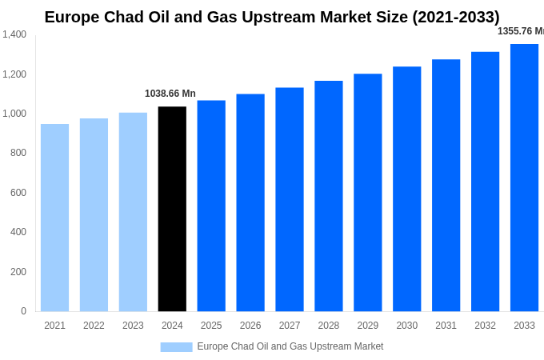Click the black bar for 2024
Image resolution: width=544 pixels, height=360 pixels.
tap(172, 209)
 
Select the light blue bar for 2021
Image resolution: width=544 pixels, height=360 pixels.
tap(54, 218)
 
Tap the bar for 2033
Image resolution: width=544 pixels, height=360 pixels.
tap(524, 178)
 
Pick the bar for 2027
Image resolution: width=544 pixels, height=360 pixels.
tap(290, 199)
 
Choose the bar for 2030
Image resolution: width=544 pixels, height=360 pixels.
tap(406, 189)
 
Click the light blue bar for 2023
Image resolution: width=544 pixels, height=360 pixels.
tap(133, 212)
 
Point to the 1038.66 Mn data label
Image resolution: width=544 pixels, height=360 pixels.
tap(170, 94)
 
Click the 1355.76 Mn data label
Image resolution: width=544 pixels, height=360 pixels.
tap(520, 31)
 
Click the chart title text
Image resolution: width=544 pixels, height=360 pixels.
tap(272, 17)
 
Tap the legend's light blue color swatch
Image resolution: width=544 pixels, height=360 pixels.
tap(176, 347)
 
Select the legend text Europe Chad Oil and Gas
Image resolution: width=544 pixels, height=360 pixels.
tap(290, 346)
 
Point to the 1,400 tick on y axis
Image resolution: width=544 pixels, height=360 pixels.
tap(14, 34)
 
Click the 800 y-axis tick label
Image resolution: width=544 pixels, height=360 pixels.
tap(18, 153)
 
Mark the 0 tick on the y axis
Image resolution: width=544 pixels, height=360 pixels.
tap(23, 311)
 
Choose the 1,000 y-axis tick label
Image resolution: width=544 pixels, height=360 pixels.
tap(14, 114)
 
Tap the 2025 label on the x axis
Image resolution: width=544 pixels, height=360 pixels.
tap(211, 326)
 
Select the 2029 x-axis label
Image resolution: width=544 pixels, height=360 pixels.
tap(367, 326)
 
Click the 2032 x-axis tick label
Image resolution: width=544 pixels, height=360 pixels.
tap(485, 326)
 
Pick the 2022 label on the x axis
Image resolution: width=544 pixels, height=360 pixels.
tap(94, 326)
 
